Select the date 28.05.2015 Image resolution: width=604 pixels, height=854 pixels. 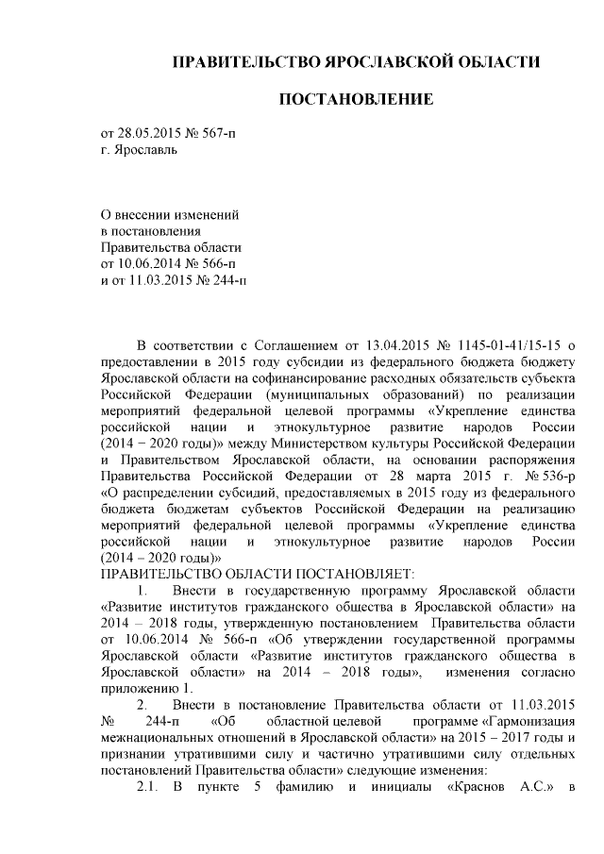148,133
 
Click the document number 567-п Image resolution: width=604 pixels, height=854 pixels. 214,133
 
